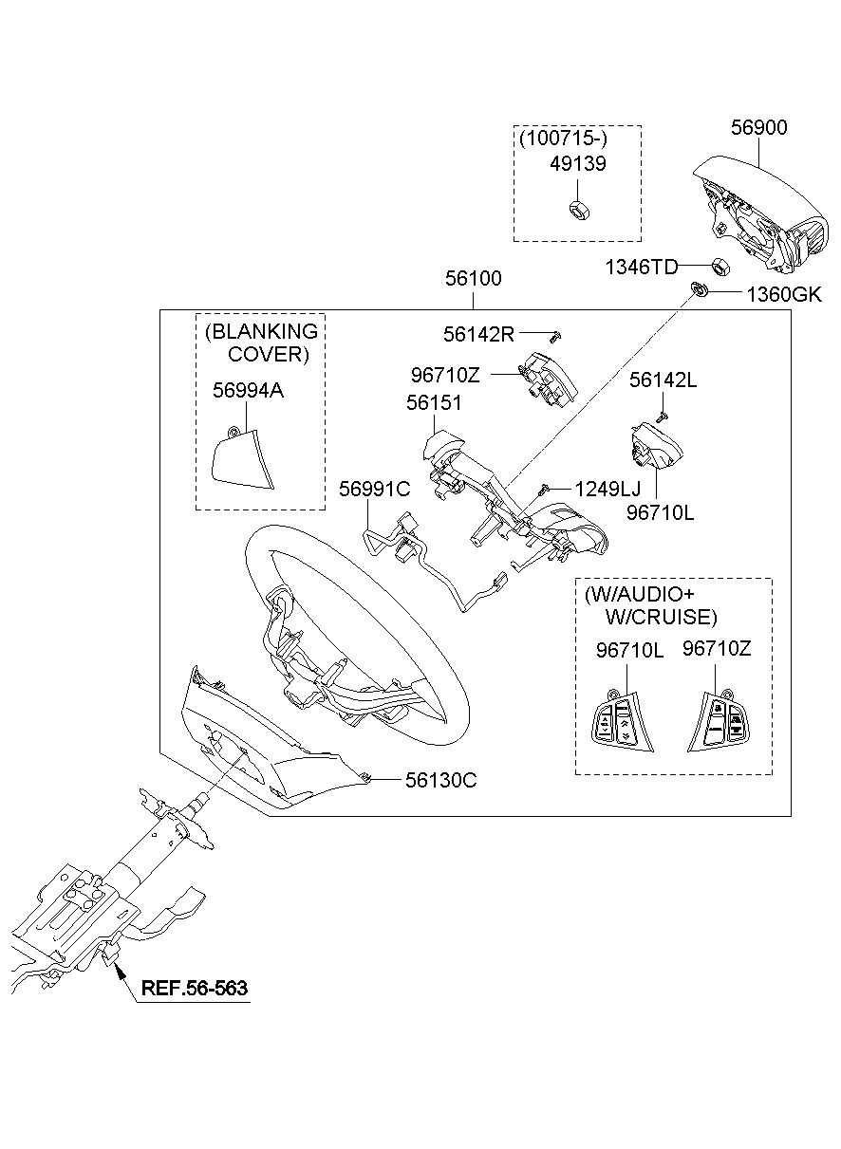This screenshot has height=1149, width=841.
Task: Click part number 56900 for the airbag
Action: [758, 127]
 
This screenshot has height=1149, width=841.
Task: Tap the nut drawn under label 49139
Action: [575, 209]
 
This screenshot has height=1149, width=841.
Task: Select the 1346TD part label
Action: [642, 268]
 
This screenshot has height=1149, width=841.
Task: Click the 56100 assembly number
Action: [474, 279]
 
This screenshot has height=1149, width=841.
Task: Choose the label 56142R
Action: [478, 334]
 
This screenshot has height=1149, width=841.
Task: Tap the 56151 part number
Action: [434, 402]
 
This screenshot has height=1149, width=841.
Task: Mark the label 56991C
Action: [374, 489]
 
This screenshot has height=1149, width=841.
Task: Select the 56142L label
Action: [663, 380]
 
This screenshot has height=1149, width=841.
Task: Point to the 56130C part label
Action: [440, 780]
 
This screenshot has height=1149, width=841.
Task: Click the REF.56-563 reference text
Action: [195, 989]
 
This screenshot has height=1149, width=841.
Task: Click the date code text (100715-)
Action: [563, 139]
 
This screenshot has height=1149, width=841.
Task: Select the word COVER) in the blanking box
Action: [269, 355]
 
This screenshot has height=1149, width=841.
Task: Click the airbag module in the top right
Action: [755, 204]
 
